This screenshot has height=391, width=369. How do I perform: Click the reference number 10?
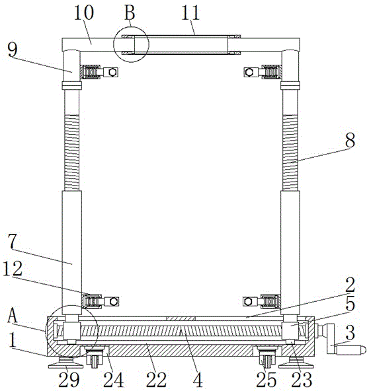click(84, 13)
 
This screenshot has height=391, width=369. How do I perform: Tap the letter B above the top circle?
click(130, 13)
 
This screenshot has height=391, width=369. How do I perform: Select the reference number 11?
click(190, 13)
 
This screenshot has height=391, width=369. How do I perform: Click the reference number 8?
click(350, 140)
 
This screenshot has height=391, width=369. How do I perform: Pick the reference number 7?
click(12, 241)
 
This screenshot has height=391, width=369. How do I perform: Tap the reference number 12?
click(13, 269)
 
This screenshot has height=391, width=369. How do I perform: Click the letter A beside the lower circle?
click(12, 316)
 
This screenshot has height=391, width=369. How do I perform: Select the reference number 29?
click(69, 380)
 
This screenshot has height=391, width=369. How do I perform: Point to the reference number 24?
click(114, 380)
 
